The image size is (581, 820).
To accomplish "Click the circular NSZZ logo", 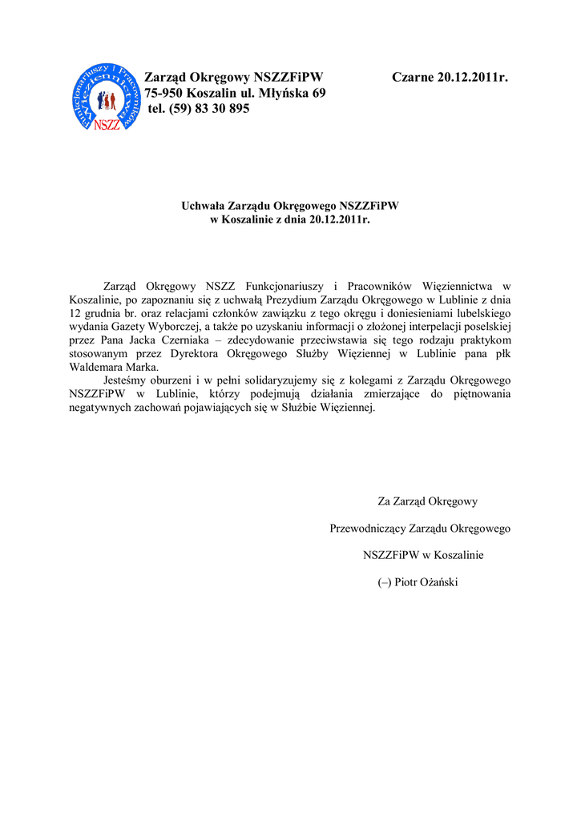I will coord(107,96).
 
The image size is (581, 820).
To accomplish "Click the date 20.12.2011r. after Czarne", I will coord(474,78).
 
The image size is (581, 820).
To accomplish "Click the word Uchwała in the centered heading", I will coord(203,206).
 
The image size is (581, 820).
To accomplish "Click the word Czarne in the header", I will coord(413,78).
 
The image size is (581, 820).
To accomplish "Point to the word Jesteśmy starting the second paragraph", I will coord(127,380).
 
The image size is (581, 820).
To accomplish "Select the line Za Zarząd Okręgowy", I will coord(427,501).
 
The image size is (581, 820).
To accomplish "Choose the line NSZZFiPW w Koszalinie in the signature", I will coord(423,555).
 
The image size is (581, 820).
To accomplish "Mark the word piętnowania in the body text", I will coord(479,394).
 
